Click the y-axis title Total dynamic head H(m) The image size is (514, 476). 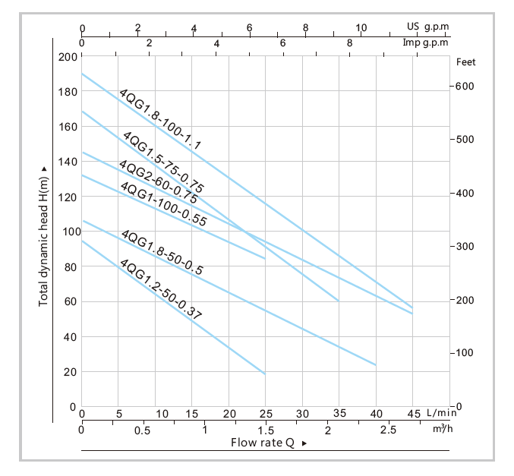click(43, 236)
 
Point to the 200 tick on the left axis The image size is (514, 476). click(66, 58)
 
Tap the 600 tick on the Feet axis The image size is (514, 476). click(465, 87)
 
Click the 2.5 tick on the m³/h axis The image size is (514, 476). click(389, 430)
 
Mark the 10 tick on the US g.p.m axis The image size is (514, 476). click(361, 28)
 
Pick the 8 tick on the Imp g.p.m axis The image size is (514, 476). click(349, 43)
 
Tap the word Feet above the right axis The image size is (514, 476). click(466, 63)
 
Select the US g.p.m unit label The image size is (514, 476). click(427, 27)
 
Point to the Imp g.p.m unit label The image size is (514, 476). click(426, 43)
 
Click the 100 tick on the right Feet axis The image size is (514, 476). click(465, 353)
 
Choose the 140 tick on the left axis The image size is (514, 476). click(67, 162)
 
